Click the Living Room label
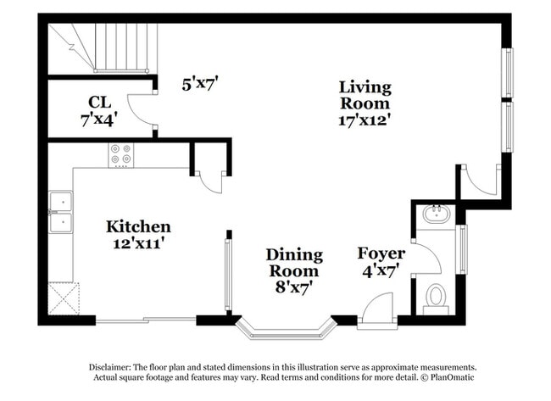pos(365,94)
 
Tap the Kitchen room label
pos(138,227)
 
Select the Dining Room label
pos(294,263)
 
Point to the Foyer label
pos(381,253)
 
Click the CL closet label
pos(99,103)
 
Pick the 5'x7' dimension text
pos(201,83)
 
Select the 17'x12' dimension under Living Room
pos(365,120)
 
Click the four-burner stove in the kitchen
pos(120,154)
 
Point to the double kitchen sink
pos(60,212)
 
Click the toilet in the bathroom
pos(436,297)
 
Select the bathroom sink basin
pos(437,214)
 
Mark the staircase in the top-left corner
pos(102,47)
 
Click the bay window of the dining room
pos(284,329)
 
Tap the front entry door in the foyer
pos(376,309)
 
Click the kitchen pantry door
pos(209,181)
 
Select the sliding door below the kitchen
pos(146,320)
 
